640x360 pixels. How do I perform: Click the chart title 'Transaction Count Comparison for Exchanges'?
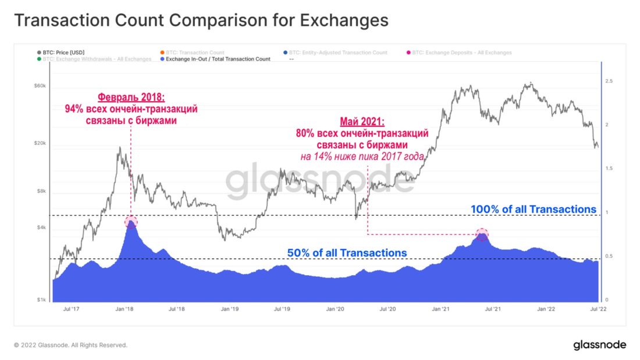click(x=201, y=21)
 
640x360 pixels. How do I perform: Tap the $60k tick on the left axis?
click(x=40, y=86)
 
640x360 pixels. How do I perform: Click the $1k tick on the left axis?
click(x=41, y=300)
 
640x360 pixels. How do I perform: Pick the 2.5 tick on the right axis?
click(x=608, y=81)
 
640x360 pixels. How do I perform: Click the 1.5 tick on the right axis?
click(x=608, y=169)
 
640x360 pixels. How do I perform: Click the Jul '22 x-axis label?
click(x=598, y=309)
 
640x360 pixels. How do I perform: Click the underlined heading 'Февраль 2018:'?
click(x=131, y=97)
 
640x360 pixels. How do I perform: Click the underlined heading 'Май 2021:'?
click(x=362, y=122)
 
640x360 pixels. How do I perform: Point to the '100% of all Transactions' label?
click(x=533, y=209)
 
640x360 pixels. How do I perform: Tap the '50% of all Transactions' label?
click(x=347, y=253)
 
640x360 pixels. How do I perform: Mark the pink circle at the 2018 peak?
click(x=131, y=222)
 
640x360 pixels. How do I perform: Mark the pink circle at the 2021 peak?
click(x=482, y=234)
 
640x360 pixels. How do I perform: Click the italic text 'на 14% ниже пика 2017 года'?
click(x=362, y=156)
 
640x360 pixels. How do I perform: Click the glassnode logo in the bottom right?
click(x=599, y=345)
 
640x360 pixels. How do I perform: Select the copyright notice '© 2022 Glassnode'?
click(x=70, y=345)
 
